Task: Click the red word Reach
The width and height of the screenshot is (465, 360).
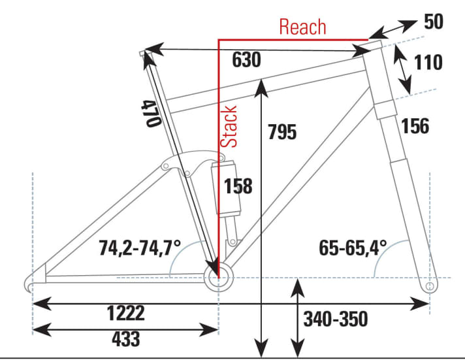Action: [x=302, y=27]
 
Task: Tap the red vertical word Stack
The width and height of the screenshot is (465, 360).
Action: [x=229, y=126]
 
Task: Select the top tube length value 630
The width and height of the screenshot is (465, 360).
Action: [x=246, y=60]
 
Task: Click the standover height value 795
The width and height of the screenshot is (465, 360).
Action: [x=282, y=132]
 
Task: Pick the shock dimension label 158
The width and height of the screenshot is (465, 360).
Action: [x=238, y=186]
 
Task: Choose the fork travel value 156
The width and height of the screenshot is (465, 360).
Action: [x=415, y=125]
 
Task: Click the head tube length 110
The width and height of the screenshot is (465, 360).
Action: [x=428, y=63]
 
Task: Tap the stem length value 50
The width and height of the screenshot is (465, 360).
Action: [x=434, y=22]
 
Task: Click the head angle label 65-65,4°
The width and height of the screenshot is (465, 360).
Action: [x=353, y=248]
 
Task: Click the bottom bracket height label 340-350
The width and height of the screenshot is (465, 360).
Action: [x=336, y=319]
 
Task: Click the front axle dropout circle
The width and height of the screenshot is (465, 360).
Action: [x=430, y=286]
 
